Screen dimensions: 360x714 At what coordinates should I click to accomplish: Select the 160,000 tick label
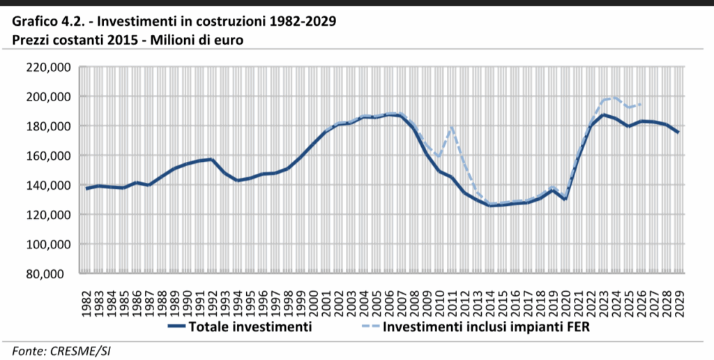47,156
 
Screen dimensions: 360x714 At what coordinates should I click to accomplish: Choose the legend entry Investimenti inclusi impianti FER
482,326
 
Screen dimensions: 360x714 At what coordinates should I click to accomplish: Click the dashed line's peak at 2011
452,127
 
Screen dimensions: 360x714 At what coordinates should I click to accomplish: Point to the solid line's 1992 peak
212,159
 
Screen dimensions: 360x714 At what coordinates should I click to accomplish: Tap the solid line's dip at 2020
565,199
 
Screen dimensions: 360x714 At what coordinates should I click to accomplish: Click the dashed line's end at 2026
641,104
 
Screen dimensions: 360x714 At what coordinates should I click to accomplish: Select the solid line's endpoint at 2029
678,133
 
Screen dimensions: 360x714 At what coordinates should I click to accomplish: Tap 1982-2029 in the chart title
301,21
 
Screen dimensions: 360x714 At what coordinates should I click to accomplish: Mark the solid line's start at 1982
86,188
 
